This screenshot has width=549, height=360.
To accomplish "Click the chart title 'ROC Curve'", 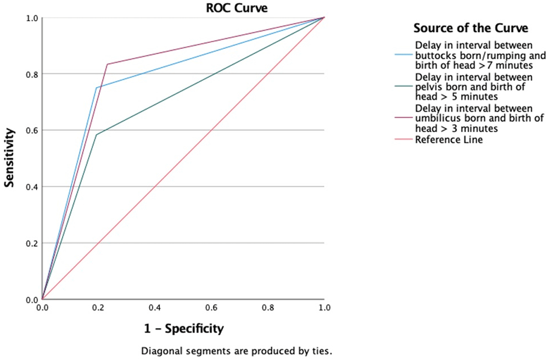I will tap(183, 7).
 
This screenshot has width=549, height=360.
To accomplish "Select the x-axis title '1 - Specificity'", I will tap(183, 329).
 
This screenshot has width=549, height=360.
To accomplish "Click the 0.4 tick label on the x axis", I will tap(155, 308).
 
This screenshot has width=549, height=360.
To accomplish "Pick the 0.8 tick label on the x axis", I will tap(268, 308).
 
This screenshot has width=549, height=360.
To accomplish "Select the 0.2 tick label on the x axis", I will tap(98, 308).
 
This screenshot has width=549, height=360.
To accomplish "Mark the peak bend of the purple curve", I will tap(107, 64).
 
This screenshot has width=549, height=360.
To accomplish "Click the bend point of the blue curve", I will tap(97, 88).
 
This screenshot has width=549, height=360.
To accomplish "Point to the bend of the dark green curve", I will tap(97, 135).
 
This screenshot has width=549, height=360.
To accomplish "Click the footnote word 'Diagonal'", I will tap(159, 350).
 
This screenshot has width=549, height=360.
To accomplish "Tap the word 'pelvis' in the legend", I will tap(428, 87).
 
